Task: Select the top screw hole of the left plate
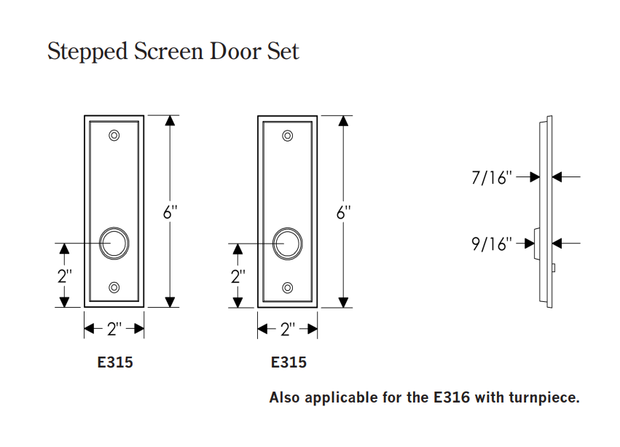(x=114, y=136)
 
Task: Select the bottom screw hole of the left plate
(x=114, y=287)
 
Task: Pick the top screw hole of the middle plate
(x=288, y=136)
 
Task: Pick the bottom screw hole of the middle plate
(x=288, y=287)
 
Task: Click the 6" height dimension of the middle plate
(x=344, y=213)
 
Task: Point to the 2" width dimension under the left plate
(x=114, y=330)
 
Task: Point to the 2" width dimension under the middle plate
(x=288, y=330)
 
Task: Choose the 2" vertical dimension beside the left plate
(x=64, y=276)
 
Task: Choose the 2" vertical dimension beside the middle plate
(x=238, y=276)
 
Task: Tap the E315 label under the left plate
(x=115, y=362)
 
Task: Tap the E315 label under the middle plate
(x=289, y=362)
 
